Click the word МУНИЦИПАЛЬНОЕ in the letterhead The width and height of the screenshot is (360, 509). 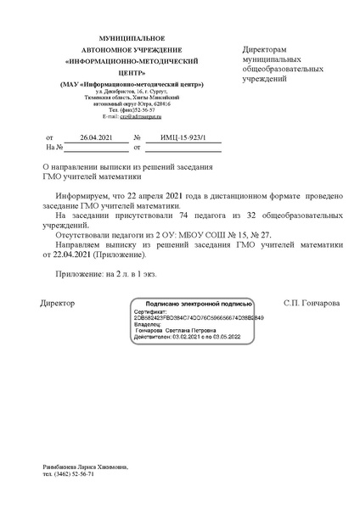pyautogui.click(x=132, y=40)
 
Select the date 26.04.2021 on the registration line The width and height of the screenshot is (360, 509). pyautogui.click(x=94, y=136)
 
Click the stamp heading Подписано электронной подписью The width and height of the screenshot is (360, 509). pyautogui.click(x=199, y=303)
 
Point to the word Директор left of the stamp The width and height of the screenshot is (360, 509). pyautogui.click(x=58, y=303)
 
